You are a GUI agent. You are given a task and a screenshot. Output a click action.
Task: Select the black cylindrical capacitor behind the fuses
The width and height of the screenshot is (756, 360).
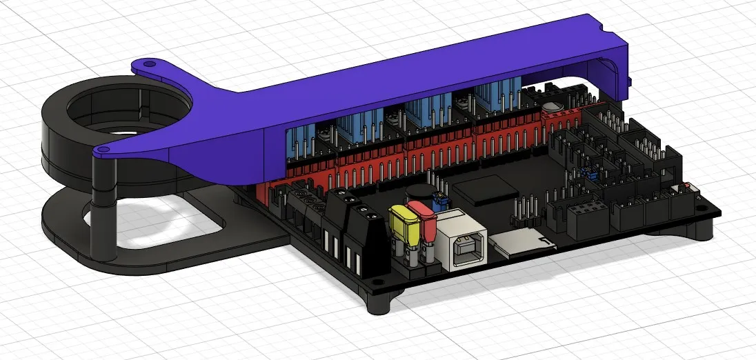[418, 195]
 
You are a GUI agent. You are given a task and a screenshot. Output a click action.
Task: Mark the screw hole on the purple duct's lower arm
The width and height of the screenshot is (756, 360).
[102, 148]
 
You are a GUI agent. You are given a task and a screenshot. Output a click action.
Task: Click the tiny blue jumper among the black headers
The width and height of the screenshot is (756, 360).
[590, 176]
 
